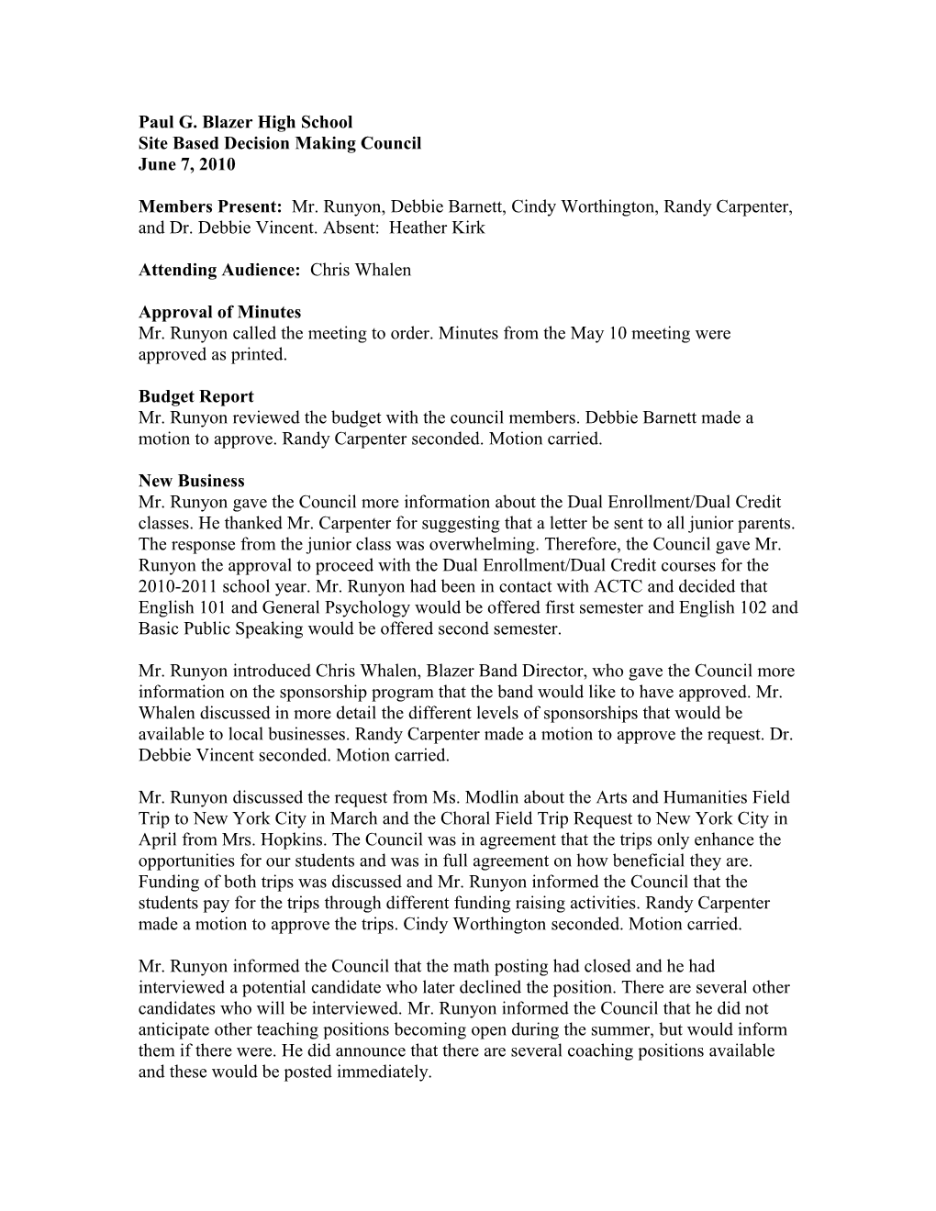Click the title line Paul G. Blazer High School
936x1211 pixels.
pos(245,122)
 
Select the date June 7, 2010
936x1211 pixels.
pos(186,165)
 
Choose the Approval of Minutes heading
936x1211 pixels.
pos(219,313)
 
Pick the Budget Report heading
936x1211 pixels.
pos(196,396)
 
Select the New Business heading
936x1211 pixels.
pos(192,481)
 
